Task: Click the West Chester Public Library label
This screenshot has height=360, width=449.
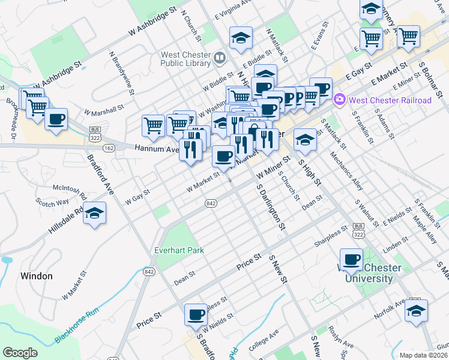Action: (x=185, y=59)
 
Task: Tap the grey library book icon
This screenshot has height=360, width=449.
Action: (x=219, y=58)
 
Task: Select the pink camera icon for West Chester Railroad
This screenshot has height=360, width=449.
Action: (x=340, y=99)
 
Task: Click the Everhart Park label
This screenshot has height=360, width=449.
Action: (x=179, y=250)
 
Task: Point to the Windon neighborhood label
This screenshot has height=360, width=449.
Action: (x=37, y=276)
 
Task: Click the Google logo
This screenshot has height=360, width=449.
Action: (x=20, y=353)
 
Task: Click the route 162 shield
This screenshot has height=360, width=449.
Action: (x=109, y=148)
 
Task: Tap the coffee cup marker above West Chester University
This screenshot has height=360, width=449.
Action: (x=352, y=260)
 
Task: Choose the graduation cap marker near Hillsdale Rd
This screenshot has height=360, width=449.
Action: (x=94, y=214)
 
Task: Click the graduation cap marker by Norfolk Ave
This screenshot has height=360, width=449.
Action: (x=416, y=311)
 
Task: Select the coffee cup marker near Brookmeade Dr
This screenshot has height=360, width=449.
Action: (x=56, y=119)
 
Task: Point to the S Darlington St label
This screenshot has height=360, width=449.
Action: (x=270, y=206)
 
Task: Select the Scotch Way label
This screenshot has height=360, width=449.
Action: (x=48, y=203)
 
